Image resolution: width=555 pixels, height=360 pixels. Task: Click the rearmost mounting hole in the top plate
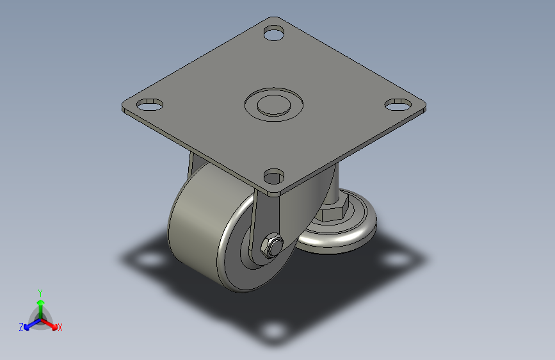pyautogui.click(x=273, y=33)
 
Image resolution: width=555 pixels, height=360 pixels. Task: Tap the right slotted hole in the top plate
pyautogui.click(x=398, y=104)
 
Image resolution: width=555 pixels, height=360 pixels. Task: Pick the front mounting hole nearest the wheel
pyautogui.click(x=274, y=176)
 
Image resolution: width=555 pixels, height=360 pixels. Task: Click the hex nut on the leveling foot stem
pyautogui.click(x=334, y=209)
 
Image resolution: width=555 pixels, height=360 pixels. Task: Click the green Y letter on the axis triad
pyautogui.click(x=40, y=291)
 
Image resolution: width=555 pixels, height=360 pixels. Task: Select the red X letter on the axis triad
pyautogui.click(x=60, y=327)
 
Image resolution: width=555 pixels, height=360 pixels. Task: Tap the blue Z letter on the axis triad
pyautogui.click(x=21, y=327)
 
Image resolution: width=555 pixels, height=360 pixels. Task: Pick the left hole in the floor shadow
pyautogui.click(x=150, y=261)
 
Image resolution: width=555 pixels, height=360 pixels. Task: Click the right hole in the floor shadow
pyautogui.click(x=399, y=259)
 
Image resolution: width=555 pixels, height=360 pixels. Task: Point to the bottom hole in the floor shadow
pyautogui.click(x=274, y=331)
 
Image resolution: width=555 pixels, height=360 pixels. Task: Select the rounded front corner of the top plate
pyautogui.click(x=274, y=191)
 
